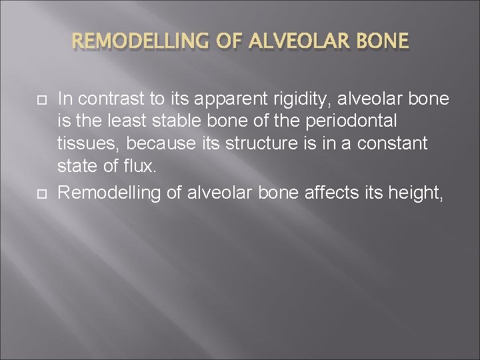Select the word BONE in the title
coord(381,43)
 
